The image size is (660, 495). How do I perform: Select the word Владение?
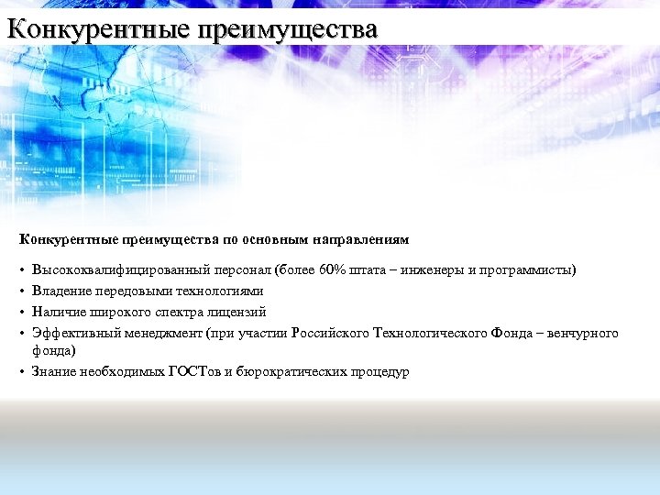tap(60, 291)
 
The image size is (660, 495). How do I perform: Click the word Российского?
tap(331, 332)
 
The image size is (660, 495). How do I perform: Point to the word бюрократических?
tap(288, 372)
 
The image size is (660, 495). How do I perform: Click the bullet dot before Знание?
tap(21, 372)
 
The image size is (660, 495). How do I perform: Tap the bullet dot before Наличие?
tap(21, 312)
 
